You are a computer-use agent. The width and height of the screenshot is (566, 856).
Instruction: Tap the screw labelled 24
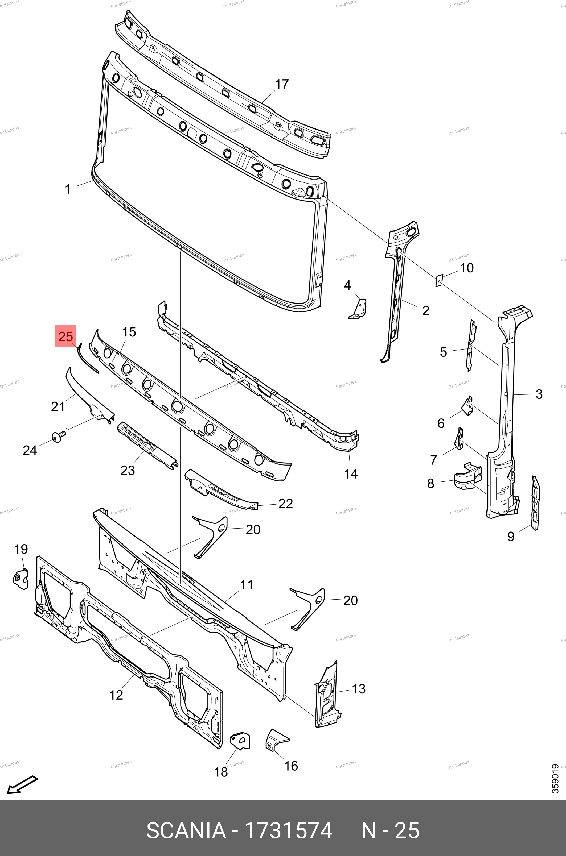pyautogui.click(x=58, y=437)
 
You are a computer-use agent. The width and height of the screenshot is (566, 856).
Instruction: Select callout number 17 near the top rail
pyautogui.click(x=282, y=84)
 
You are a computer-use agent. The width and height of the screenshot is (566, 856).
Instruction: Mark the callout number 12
pyautogui.click(x=116, y=695)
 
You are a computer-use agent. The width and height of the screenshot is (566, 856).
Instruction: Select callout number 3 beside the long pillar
pyautogui.click(x=539, y=394)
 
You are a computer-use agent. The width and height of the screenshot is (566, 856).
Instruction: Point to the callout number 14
pyautogui.click(x=351, y=474)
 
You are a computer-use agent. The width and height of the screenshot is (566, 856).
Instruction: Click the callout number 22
pyautogui.click(x=285, y=504)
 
